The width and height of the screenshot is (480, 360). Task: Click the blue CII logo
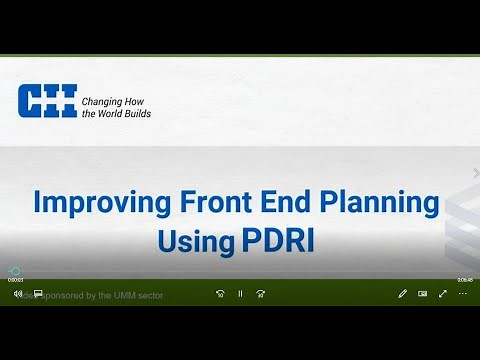47,102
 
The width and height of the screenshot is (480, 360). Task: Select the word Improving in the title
92,203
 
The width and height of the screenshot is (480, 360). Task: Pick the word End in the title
285,203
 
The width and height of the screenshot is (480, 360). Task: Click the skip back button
220,294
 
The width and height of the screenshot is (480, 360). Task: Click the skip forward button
261,294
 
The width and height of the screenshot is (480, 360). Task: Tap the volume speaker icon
18,294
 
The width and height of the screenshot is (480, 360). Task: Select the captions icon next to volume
38,294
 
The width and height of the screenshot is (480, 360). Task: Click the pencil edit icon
402,294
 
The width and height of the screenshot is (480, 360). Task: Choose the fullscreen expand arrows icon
443,294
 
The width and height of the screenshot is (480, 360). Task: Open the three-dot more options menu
463,294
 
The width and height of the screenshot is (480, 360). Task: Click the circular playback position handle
15,271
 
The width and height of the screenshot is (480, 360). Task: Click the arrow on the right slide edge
475,172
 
